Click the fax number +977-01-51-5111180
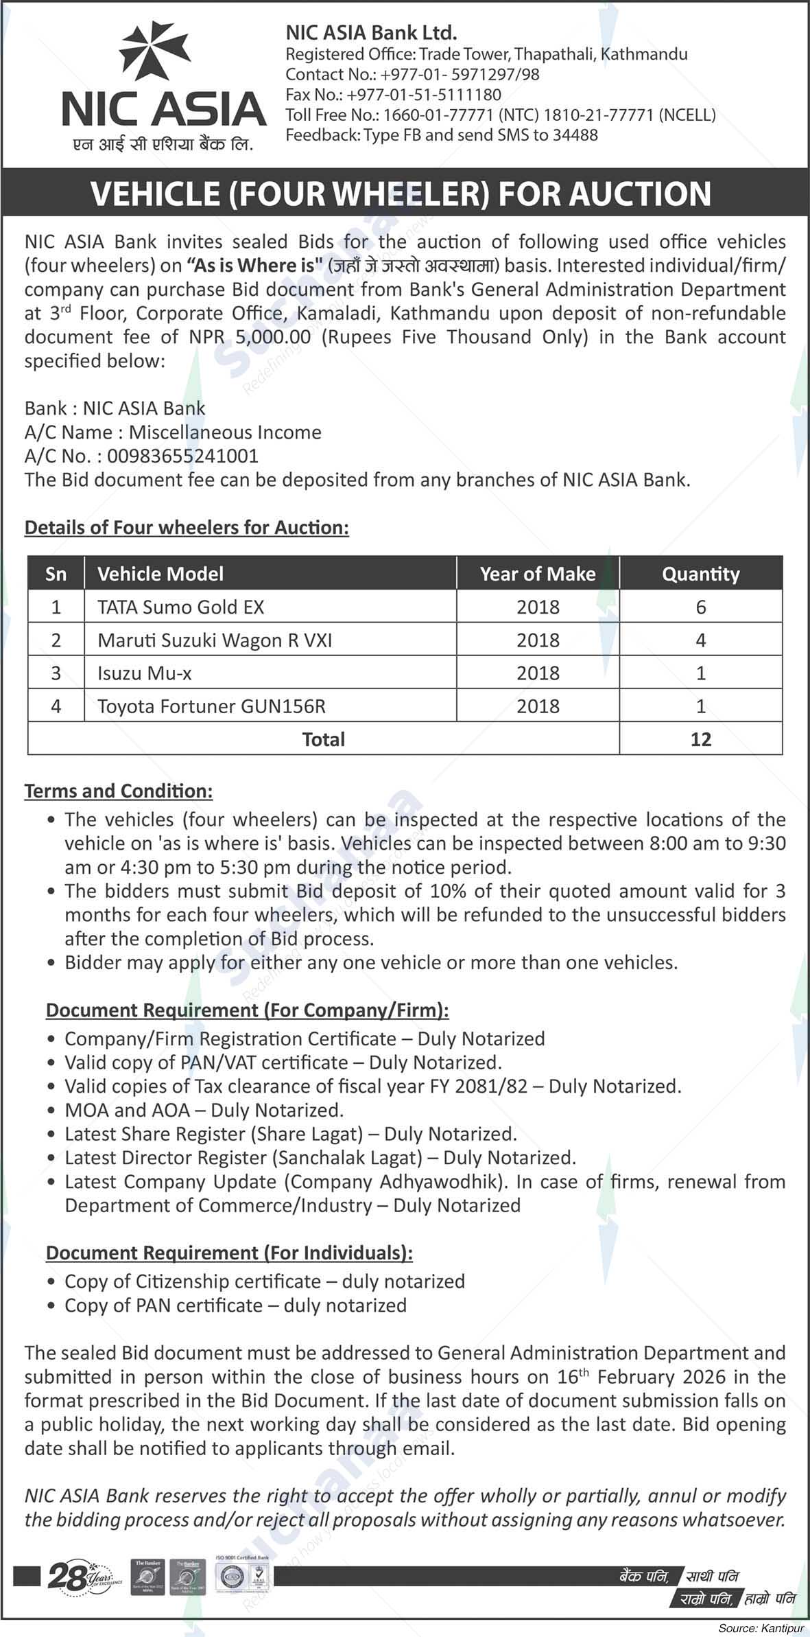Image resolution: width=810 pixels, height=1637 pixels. (424, 95)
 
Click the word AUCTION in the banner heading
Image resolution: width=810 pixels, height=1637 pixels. (639, 194)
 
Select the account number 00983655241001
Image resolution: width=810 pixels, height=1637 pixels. (182, 456)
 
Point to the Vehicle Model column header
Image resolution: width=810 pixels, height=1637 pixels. (160, 574)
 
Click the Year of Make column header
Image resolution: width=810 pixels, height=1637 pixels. (538, 574)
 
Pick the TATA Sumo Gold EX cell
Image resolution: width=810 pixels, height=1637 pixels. (180, 607)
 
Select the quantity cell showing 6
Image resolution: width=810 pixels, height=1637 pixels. (700, 607)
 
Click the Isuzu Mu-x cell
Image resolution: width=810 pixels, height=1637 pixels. (145, 673)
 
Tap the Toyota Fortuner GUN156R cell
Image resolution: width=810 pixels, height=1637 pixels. (211, 706)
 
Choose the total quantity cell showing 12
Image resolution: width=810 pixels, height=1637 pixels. (700, 739)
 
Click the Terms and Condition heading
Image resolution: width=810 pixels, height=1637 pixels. (119, 791)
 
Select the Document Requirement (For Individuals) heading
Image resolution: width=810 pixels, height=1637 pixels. (229, 1253)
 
